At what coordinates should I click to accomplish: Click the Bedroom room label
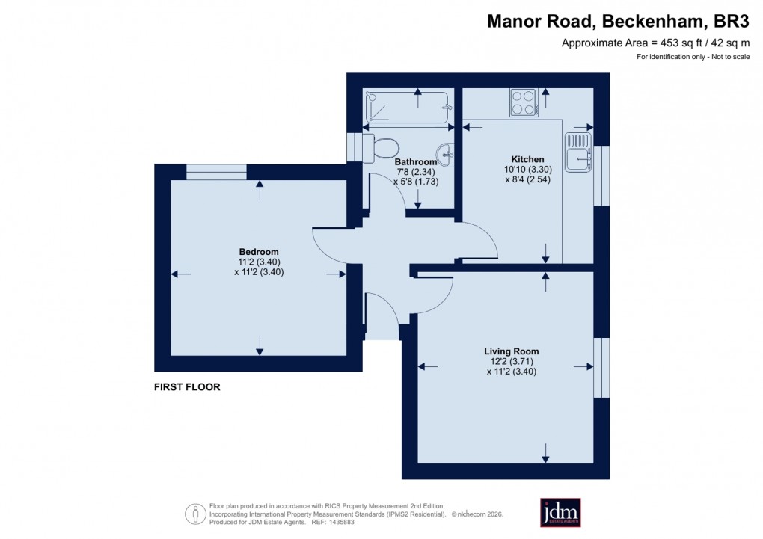click(x=259, y=251)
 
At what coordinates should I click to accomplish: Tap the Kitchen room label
click(x=527, y=159)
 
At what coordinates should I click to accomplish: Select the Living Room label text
click(x=512, y=351)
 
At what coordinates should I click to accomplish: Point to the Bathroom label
click(x=415, y=162)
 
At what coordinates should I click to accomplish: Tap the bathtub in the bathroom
click(x=406, y=108)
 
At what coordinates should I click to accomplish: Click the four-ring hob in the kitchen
click(x=523, y=102)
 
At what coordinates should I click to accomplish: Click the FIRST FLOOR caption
click(x=187, y=387)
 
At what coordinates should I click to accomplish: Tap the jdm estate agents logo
click(x=560, y=512)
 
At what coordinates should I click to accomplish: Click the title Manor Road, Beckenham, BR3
click(x=618, y=22)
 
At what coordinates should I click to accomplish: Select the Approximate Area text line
click(x=655, y=43)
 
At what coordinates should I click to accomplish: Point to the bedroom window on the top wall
click(x=216, y=172)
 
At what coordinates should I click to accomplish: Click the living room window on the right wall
click(x=602, y=367)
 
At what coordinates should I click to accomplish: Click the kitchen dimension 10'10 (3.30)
click(x=527, y=170)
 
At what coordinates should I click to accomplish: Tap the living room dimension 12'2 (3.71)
click(x=512, y=361)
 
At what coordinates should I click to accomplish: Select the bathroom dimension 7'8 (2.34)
click(x=415, y=172)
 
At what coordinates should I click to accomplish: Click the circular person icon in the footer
click(x=194, y=513)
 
